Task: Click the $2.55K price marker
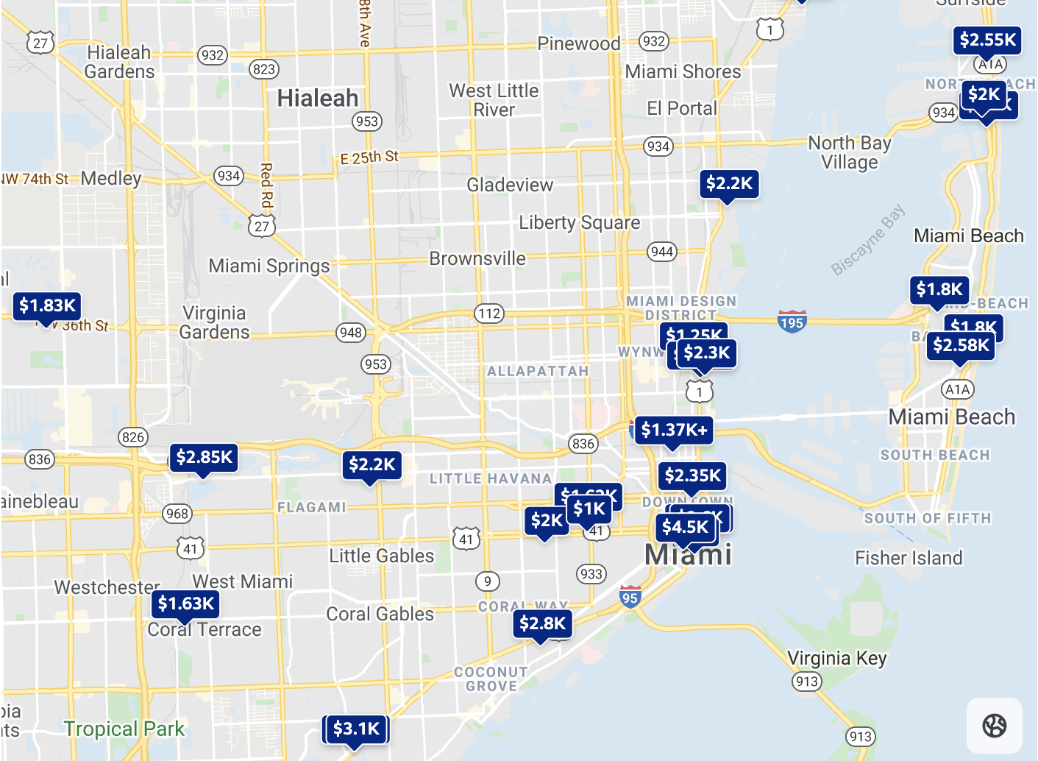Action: click(987, 40)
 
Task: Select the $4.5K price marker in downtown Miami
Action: click(684, 527)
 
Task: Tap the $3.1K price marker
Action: click(356, 729)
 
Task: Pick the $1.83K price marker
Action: click(47, 305)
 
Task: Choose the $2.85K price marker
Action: click(204, 457)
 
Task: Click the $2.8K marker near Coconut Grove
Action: click(542, 623)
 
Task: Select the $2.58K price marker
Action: click(961, 345)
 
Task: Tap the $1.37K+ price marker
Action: click(674, 430)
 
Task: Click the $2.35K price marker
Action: click(692, 475)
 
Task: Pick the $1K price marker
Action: click(589, 509)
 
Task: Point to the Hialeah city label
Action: click(317, 98)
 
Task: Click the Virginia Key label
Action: click(836, 658)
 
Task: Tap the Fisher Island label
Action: click(908, 558)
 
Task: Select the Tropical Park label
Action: click(124, 729)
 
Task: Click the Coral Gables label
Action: click(380, 614)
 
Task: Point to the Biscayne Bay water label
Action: click(868, 241)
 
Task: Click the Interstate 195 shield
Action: click(792, 322)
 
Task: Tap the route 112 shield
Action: click(489, 314)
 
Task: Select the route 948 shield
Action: click(351, 333)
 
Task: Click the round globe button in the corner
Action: click(994, 726)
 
